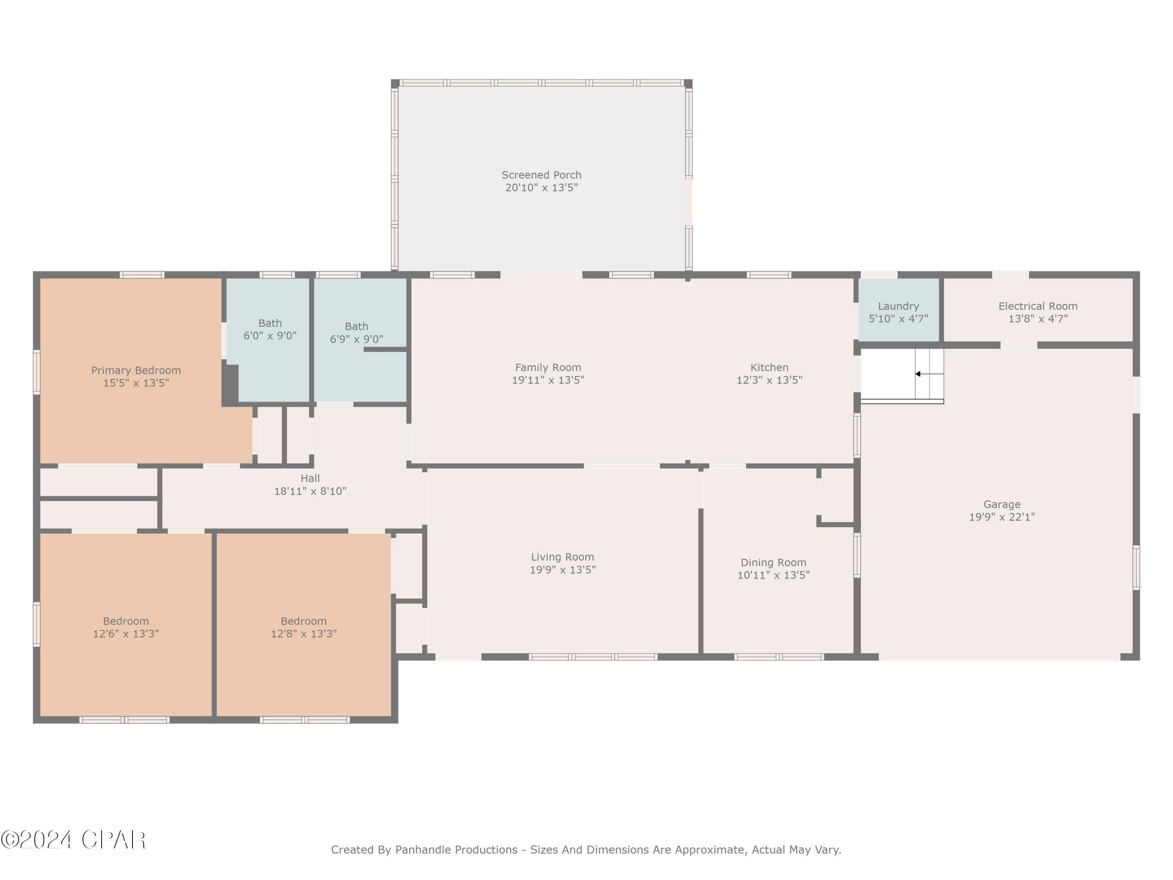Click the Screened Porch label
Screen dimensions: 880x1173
coord(542,175)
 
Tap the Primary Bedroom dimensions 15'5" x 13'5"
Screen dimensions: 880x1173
coord(136,383)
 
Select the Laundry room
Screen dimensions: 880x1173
coord(898,312)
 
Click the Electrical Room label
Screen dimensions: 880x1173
coord(1038,306)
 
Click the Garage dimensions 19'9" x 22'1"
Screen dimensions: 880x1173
coord(1002,517)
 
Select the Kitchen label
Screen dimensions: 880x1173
coord(769,367)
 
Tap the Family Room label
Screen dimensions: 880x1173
coord(548,367)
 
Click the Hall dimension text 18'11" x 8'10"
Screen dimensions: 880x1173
coord(310,491)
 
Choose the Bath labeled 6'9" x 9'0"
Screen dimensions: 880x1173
coord(356,332)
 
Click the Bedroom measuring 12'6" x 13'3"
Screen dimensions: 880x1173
coord(126,627)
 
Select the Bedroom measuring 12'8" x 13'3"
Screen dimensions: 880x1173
coord(303,627)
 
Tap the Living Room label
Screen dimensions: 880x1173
coord(563,557)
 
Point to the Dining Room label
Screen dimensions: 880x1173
coord(773,562)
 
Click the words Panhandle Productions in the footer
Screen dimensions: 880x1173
coord(456,850)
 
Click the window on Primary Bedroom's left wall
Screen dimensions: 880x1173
coord(37,372)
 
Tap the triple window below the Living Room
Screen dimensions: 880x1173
coord(593,657)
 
